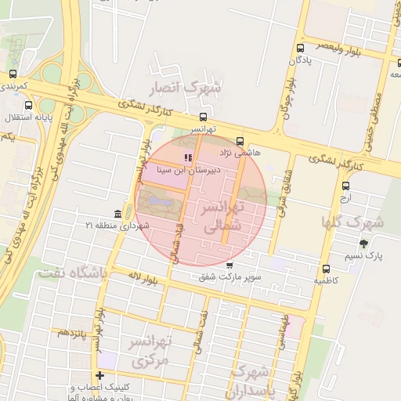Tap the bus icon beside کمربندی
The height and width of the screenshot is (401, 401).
(x=12, y=74)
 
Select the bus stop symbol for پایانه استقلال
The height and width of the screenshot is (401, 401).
(x=29, y=106)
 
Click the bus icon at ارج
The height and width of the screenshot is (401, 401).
(x=346, y=186)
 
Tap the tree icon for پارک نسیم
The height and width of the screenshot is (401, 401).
(x=363, y=244)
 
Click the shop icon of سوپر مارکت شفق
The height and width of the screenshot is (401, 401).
(x=229, y=266)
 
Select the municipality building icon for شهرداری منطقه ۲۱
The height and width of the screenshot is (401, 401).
(x=117, y=215)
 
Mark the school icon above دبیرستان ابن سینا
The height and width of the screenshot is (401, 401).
(x=186, y=157)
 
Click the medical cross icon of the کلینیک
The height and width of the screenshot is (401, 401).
(x=99, y=376)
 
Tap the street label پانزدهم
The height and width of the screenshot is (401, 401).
(x=71, y=333)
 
